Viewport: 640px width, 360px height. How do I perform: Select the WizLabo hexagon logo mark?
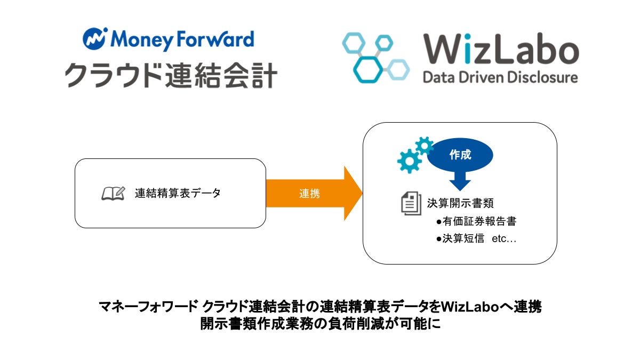click(x=375, y=58)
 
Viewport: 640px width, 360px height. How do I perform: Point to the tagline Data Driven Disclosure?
click(x=500, y=78)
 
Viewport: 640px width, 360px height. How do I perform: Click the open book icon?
click(x=113, y=193)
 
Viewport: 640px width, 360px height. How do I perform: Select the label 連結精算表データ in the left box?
click(x=178, y=194)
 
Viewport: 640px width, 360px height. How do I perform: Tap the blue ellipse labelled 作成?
click(x=461, y=155)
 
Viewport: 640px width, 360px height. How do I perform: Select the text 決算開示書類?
click(x=460, y=203)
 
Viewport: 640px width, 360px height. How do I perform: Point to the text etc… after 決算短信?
click(x=504, y=239)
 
